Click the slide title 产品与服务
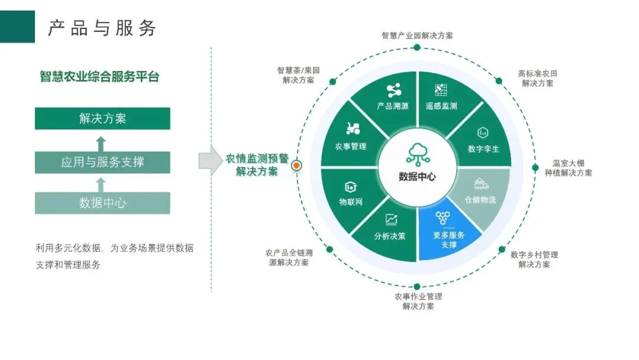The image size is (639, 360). pos(102,27)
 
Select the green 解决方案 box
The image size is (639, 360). pos(102,118)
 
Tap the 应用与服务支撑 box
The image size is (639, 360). pos(102,162)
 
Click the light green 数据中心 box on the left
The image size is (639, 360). pos(102,203)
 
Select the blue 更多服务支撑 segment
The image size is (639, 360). pos(449,233)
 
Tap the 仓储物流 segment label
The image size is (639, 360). pos(480,200)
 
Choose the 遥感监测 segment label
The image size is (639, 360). pos(441,106)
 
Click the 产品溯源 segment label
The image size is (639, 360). pos(392,106)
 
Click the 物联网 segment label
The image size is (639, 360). pos(351,202)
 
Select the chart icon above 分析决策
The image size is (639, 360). pos(391,220)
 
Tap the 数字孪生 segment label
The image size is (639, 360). pos(483,149)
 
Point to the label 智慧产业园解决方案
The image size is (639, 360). pos(417,36)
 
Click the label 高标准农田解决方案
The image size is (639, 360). pos(537,78)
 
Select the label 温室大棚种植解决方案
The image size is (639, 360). pos(568,168)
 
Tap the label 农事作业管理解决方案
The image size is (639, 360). pos(418,301)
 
